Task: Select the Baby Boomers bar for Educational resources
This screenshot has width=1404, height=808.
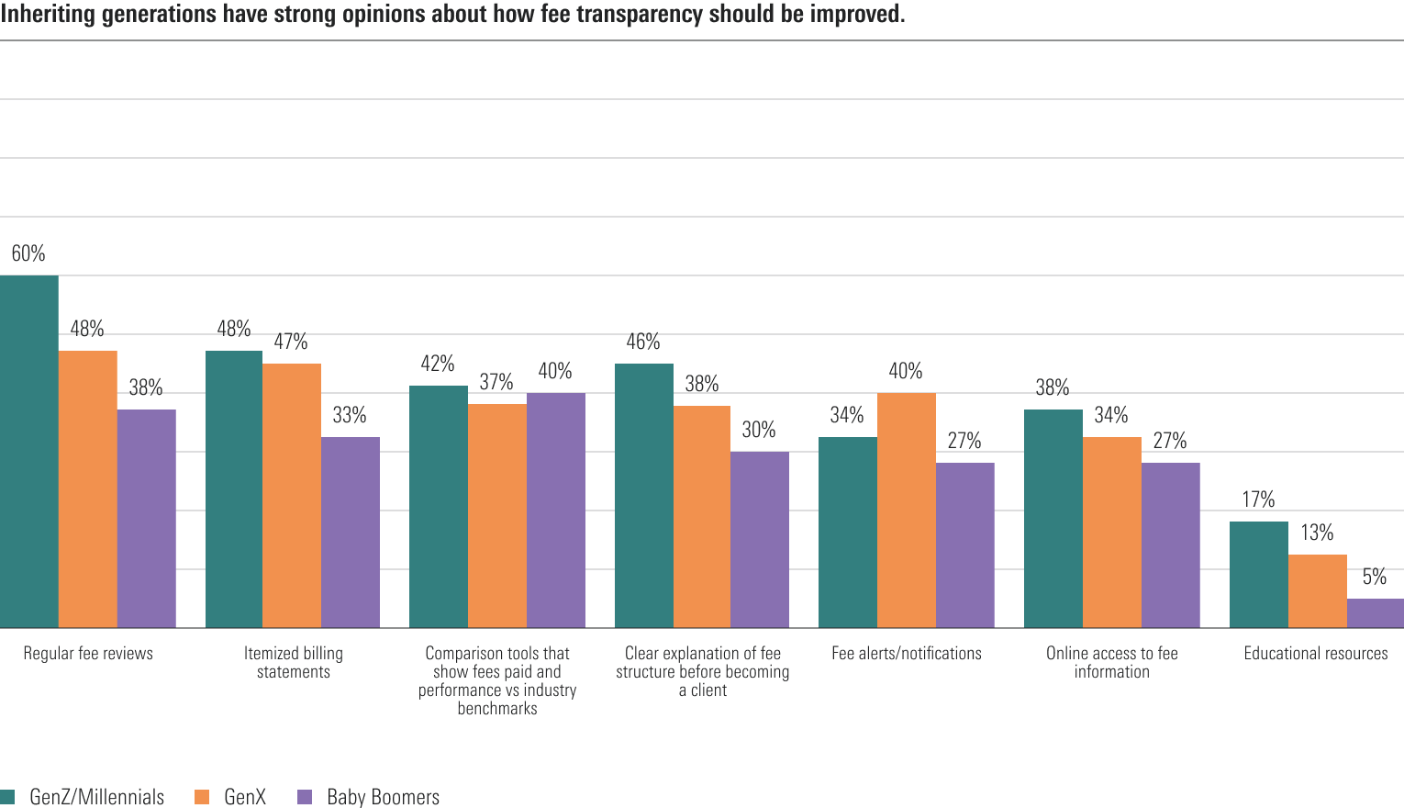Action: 1375,613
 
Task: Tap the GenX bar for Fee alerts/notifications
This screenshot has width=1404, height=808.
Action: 906,511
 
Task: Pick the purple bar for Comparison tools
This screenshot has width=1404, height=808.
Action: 555,511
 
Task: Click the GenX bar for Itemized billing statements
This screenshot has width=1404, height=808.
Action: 292,496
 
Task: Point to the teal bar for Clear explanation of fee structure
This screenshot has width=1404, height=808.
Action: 643,496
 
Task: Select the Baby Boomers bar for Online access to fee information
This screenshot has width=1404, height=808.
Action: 1170,545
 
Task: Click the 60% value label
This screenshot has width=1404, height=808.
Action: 28,253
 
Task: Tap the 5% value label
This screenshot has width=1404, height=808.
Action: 1375,577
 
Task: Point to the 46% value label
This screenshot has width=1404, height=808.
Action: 643,342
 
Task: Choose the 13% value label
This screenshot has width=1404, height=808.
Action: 1317,533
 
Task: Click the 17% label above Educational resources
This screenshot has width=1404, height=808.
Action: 1258,499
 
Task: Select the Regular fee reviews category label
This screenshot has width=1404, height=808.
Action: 88,653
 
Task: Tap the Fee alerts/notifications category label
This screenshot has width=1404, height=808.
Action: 906,653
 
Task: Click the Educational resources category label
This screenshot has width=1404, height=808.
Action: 1315,653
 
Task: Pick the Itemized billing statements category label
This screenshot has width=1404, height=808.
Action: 293,662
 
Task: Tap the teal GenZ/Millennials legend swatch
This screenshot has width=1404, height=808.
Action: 8,797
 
